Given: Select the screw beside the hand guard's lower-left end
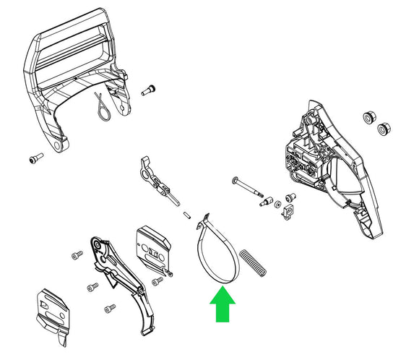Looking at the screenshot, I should [x=33, y=159].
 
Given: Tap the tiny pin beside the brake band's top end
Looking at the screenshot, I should [x=188, y=213].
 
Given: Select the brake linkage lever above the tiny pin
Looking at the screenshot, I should [x=155, y=177].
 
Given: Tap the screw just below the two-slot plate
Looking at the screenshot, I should [x=156, y=280].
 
